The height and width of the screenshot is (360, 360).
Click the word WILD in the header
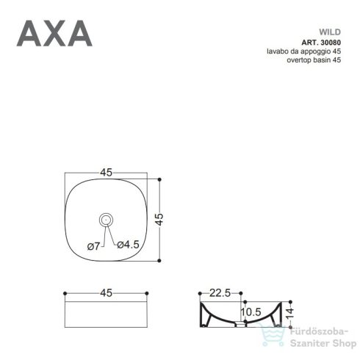328,32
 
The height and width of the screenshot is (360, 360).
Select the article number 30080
330,42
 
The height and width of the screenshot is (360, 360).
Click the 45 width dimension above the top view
107,173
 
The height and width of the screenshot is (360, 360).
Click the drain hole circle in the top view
107,218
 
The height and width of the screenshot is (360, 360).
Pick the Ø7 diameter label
93,245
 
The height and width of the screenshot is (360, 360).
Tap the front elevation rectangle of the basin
107,313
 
